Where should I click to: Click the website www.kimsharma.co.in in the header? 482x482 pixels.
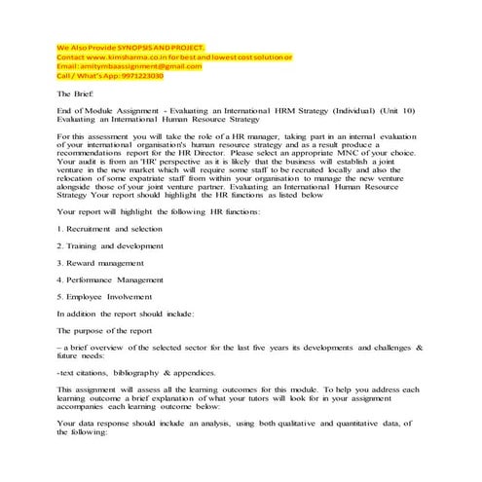pos(125,57)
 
